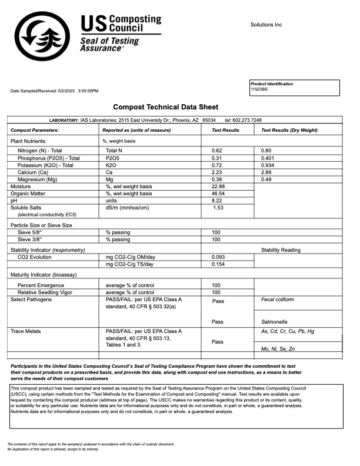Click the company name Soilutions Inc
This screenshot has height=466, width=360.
(266, 25)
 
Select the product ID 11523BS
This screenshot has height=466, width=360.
(259, 89)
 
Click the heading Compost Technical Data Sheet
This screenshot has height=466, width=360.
(165, 107)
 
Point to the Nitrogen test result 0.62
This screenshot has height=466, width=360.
(216, 151)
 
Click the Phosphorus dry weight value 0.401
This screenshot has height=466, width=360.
(268, 158)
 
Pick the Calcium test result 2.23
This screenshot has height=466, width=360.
(216, 172)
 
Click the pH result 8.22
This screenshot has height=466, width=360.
(217, 201)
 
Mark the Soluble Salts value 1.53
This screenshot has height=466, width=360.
(218, 208)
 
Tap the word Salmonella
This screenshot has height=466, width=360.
(275, 322)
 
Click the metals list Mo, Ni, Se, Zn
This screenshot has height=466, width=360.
(278, 349)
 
